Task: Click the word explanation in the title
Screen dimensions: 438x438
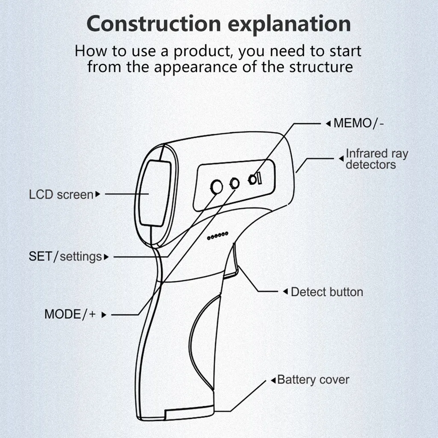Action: click(x=292, y=25)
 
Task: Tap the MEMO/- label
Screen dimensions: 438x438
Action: click(x=358, y=124)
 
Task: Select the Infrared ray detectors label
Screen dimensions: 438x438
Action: click(x=376, y=159)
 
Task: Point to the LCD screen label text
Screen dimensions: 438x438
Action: click(x=61, y=195)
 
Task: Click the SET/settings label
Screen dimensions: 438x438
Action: click(x=65, y=257)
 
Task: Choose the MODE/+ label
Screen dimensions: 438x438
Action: click(x=70, y=314)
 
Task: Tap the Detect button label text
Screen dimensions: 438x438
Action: click(x=327, y=292)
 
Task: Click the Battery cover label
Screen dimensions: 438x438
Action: click(x=313, y=379)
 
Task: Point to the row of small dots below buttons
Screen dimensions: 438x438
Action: click(x=218, y=235)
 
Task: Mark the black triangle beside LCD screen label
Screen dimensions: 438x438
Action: click(x=98, y=195)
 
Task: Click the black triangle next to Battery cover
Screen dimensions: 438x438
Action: click(x=273, y=380)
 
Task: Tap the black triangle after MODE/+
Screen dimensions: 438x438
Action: click(x=104, y=315)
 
